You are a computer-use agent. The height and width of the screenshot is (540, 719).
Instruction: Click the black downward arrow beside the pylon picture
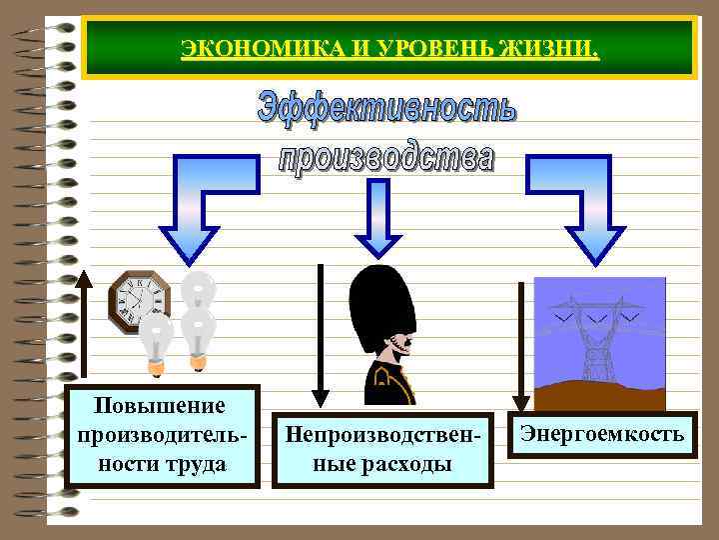520,345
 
